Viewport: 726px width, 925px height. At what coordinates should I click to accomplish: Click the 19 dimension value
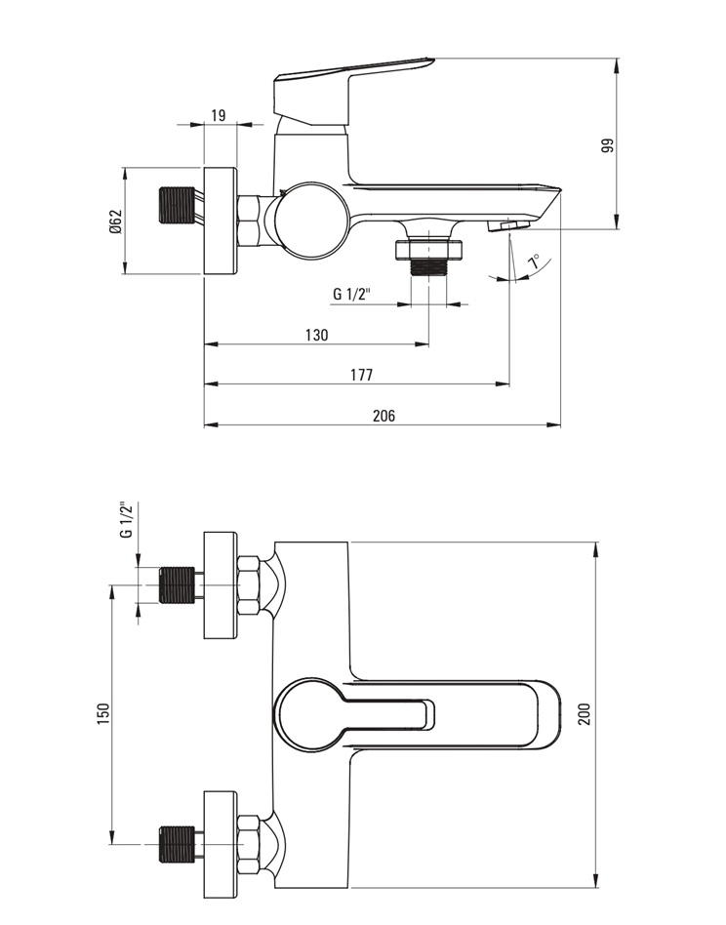pyautogui.click(x=219, y=114)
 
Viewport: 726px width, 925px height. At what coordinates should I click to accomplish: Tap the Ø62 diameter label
pyautogui.click(x=115, y=221)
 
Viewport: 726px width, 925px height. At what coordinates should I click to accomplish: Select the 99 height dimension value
pyautogui.click(x=608, y=145)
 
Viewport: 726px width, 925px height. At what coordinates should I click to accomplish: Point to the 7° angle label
pyautogui.click(x=534, y=261)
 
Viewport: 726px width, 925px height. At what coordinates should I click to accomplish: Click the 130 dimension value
pyautogui.click(x=317, y=335)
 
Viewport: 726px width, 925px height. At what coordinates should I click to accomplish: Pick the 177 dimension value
pyautogui.click(x=361, y=375)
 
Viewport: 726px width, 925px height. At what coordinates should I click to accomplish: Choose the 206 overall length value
pyautogui.click(x=383, y=416)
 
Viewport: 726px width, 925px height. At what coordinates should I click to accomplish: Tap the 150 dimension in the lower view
pyautogui.click(x=103, y=715)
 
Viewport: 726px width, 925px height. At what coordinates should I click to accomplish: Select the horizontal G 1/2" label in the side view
pyautogui.click(x=351, y=293)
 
